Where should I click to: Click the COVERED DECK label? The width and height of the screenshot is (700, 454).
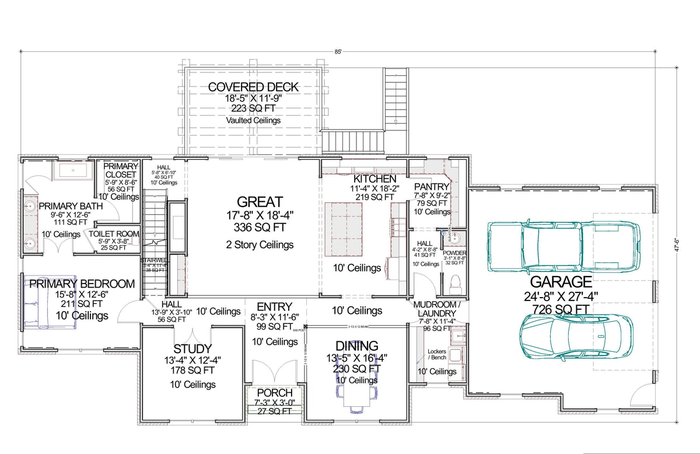click(x=253, y=87)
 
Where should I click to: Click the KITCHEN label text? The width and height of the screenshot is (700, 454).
click(x=375, y=179)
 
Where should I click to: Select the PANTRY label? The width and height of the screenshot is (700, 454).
click(x=432, y=187)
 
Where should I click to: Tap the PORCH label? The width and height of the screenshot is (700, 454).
click(x=274, y=393)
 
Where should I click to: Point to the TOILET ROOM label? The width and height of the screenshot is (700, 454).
click(x=114, y=233)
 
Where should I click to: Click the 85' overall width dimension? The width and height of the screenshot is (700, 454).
click(x=338, y=51)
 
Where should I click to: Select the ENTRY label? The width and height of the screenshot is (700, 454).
click(x=274, y=307)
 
